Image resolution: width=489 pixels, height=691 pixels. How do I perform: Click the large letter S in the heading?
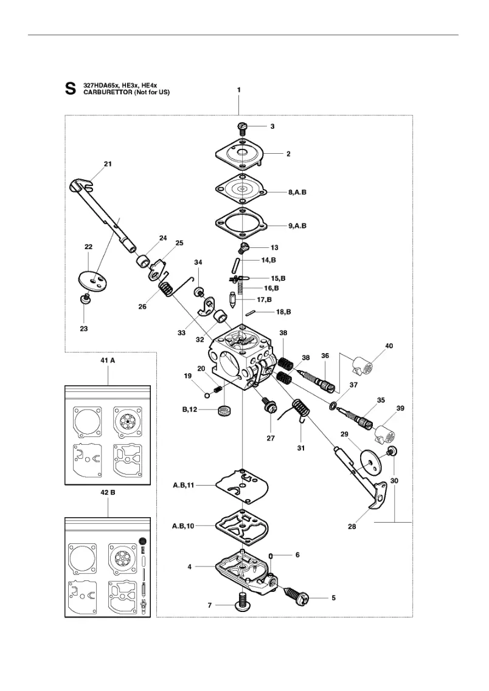coord(70,89)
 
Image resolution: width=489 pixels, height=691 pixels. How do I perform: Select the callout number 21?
coord(108,164)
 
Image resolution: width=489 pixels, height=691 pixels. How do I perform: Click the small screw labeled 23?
coord(85,299)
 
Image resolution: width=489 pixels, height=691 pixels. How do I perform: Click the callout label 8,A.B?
coord(297,192)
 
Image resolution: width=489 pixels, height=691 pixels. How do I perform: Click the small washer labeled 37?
coord(332,405)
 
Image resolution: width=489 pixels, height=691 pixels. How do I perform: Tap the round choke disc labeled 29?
coord(370,462)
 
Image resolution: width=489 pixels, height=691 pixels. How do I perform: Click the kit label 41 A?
coord(108,360)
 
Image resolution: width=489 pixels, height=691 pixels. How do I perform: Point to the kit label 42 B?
coord(108,492)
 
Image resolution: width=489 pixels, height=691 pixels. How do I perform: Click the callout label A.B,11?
coord(184,485)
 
